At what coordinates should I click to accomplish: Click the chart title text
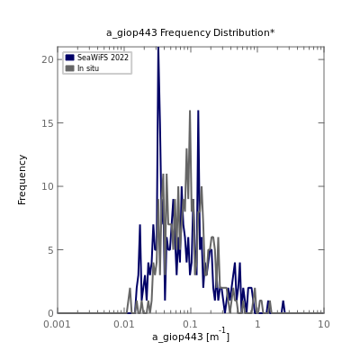tap(190, 32)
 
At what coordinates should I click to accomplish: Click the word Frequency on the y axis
tap(22, 180)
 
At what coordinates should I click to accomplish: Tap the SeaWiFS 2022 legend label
tap(103, 58)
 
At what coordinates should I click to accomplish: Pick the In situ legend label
tap(88, 68)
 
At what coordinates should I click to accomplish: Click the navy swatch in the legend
tap(69, 58)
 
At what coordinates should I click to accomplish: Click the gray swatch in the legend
tap(69, 68)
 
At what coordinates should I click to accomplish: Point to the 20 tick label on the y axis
tap(48, 59)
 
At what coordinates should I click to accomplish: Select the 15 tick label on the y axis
tap(48, 123)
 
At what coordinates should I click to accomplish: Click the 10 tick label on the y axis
tap(48, 186)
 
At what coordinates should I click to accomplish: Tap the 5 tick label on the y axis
tap(50, 250)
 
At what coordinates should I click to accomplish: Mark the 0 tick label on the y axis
tap(50, 313)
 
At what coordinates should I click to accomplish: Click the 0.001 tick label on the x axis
tap(57, 324)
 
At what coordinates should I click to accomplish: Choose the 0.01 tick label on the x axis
tap(125, 324)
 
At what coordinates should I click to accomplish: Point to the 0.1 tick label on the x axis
tap(191, 324)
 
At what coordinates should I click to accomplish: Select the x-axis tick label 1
tap(257, 324)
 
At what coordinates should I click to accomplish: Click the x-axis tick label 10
tap(324, 324)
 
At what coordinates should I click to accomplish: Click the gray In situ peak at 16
tap(190, 111)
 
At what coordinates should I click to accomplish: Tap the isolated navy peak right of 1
tap(283, 301)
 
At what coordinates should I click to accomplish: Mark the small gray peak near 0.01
tap(130, 289)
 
